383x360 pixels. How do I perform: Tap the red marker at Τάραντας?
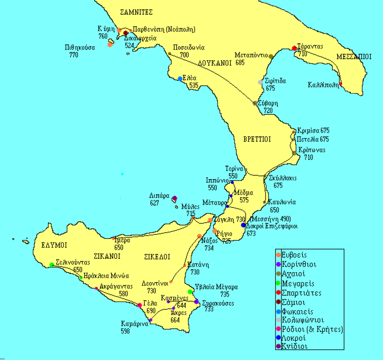294,48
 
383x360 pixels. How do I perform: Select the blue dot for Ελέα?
180,79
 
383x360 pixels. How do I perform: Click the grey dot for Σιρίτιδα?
260,82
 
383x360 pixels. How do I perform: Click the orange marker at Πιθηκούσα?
110,45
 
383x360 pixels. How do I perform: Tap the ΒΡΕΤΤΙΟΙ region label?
257,140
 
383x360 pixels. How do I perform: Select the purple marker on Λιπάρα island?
174,199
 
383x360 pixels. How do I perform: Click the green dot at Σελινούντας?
52,265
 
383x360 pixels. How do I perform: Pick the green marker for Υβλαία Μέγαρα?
190,292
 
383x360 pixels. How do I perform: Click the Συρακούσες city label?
218,303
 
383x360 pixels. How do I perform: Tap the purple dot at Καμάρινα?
150,320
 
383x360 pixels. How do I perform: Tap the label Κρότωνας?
312,150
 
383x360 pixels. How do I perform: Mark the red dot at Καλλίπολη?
341,84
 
